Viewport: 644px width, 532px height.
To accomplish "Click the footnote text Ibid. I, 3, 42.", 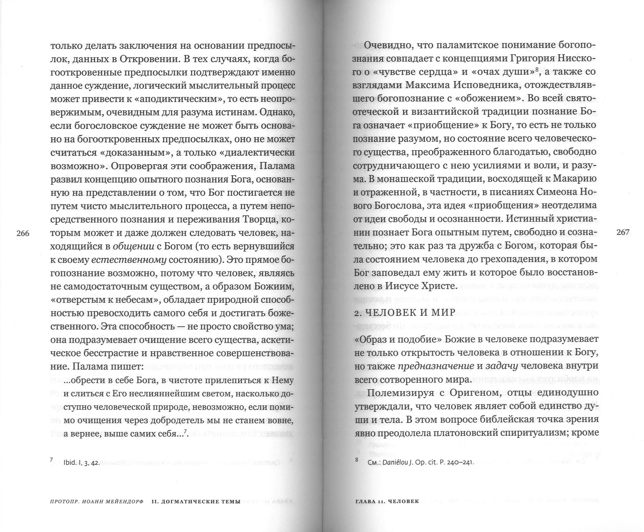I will [82, 463].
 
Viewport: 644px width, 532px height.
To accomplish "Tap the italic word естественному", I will [129, 260].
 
